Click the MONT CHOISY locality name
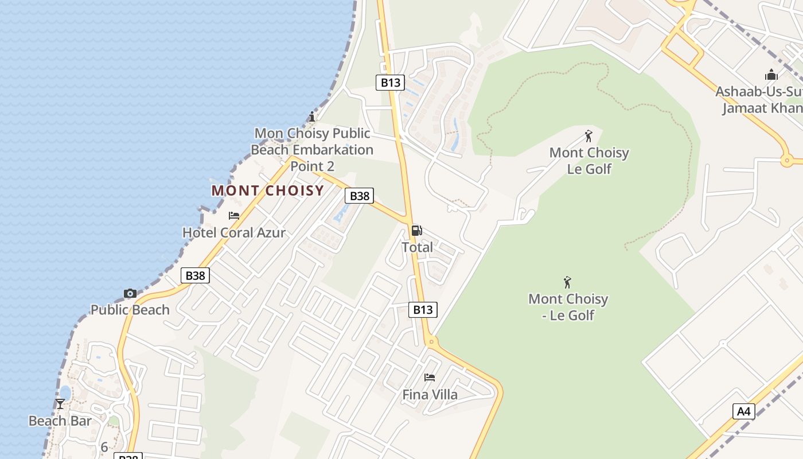(268, 190)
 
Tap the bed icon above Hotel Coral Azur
(234, 216)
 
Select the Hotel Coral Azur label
(233, 232)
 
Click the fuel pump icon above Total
(417, 231)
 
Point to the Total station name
(417, 247)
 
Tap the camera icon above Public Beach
(130, 294)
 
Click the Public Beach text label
(130, 310)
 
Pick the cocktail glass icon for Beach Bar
(60, 404)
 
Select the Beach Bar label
(60, 421)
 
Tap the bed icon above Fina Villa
(430, 378)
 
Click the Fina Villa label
(430, 395)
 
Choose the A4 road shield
(743, 411)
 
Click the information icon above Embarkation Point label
(312, 117)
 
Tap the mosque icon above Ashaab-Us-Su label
(771, 75)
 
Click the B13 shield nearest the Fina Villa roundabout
(423, 310)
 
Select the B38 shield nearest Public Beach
(195, 275)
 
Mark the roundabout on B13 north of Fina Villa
(432, 343)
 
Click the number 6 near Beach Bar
(104, 447)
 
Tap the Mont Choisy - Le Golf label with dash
(568, 307)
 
